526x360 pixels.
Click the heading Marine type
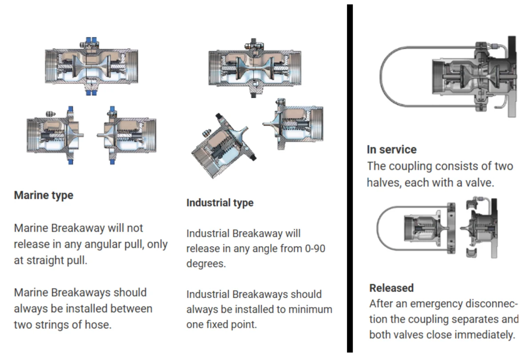pyautogui.click(x=44, y=196)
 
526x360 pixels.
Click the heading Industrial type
pyautogui.click(x=220, y=203)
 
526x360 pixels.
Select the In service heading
pyautogui.click(x=392, y=150)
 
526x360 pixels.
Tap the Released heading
pyautogui.click(x=391, y=288)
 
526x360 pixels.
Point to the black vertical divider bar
pyautogui.click(x=350, y=178)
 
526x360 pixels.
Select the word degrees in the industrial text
pyautogui.click(x=206, y=264)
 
